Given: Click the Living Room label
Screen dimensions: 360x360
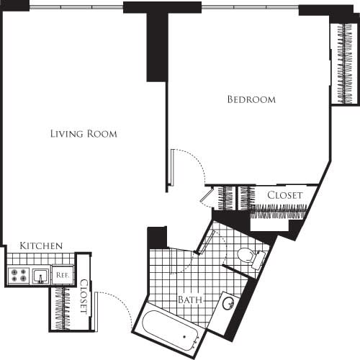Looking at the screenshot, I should [x=84, y=134].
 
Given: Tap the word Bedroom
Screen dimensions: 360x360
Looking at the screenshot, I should [x=251, y=99].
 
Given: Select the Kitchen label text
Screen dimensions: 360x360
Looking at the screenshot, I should [x=40, y=246].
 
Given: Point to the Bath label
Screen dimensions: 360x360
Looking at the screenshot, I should [x=189, y=300].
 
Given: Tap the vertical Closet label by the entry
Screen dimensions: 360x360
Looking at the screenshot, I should [x=84, y=297].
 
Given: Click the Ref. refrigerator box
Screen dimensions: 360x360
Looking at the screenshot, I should [x=63, y=274].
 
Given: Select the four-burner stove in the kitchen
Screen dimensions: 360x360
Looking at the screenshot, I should [x=18, y=274].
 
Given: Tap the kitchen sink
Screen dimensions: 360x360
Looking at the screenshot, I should [x=40, y=274].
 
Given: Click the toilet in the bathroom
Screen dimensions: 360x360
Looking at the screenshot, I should [x=247, y=256].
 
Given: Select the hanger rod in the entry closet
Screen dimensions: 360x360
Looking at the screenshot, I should [x=62, y=307].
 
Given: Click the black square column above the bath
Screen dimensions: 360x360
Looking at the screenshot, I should [x=157, y=238].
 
